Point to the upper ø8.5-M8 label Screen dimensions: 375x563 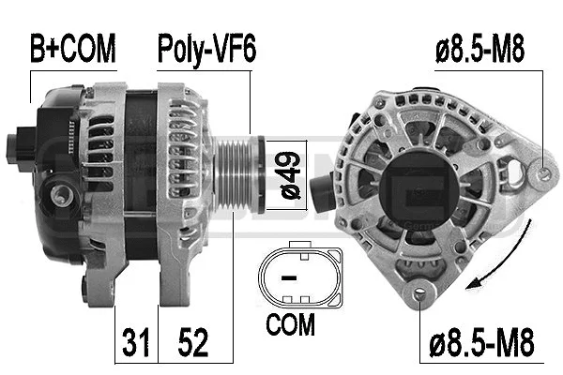pos(479,48)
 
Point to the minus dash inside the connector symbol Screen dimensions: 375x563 pos(290,278)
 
